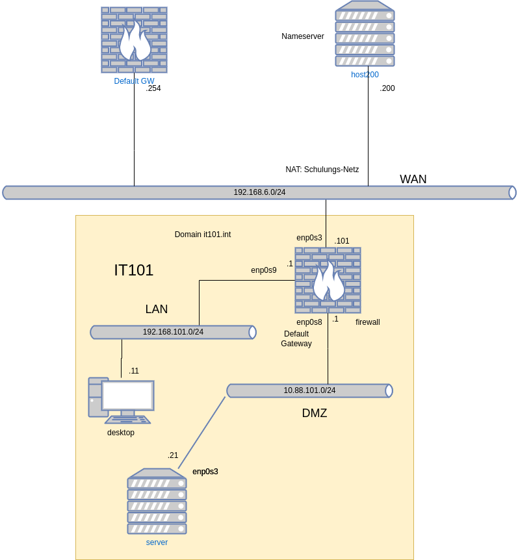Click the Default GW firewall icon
[134, 40]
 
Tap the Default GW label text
[134, 81]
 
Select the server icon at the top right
[365, 33]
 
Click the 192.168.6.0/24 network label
[259, 192]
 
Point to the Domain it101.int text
[203, 235]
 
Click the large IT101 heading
[134, 270]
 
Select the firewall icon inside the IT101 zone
[328, 281]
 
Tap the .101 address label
[342, 241]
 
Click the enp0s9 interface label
[264, 270]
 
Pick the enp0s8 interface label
[309, 322]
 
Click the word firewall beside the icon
[368, 322]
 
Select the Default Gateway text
[296, 338]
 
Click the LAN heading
[157, 309]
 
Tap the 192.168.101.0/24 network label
[173, 332]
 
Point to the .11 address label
[134, 371]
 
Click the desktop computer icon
[121, 400]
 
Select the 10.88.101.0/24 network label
[309, 390]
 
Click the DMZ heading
[315, 413]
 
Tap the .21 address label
[173, 455]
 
